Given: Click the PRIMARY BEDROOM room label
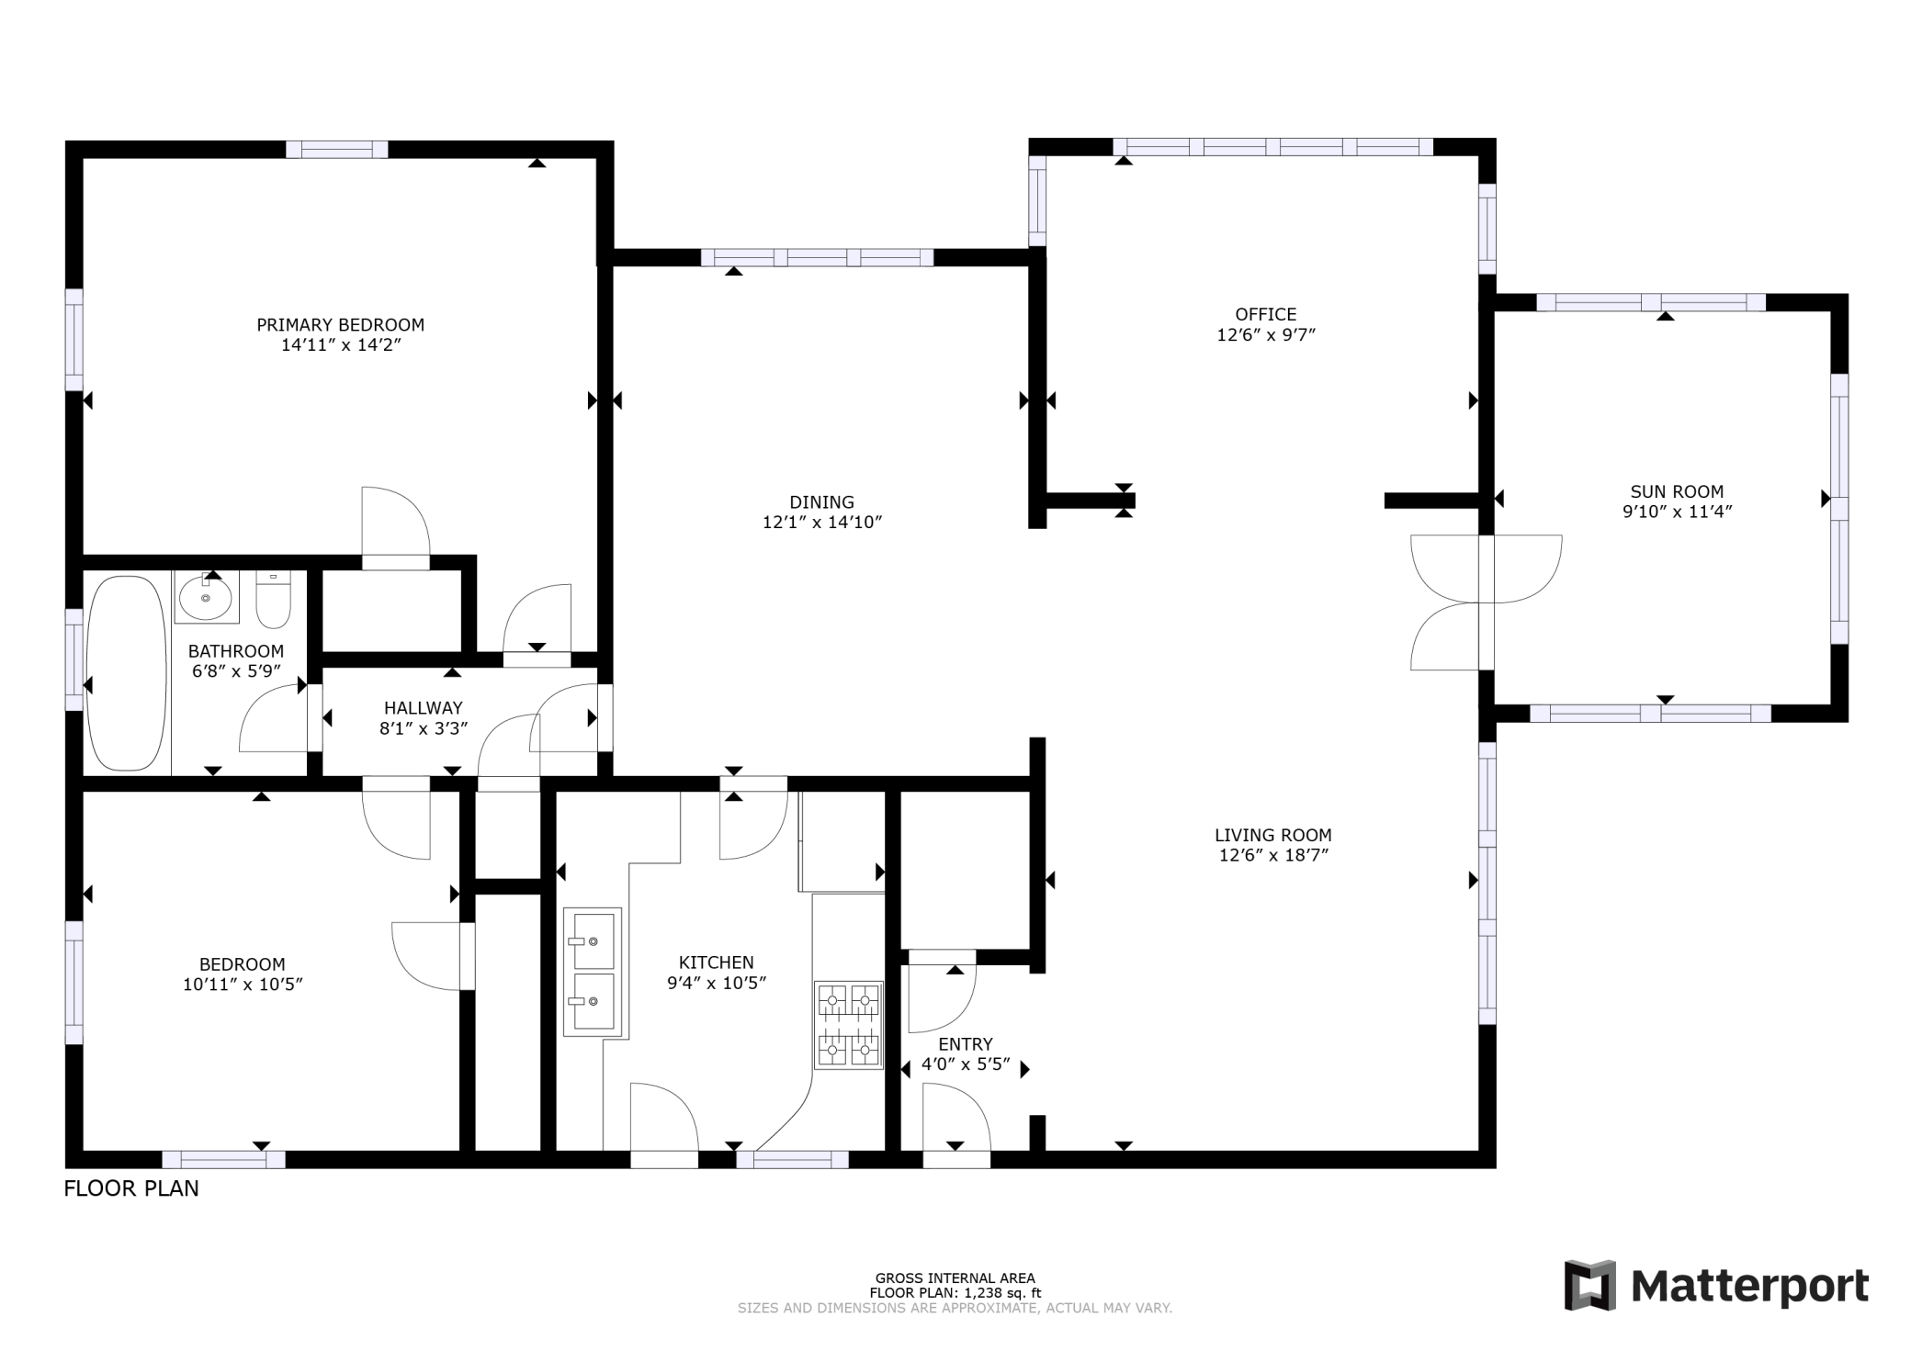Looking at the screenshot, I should tap(340, 325).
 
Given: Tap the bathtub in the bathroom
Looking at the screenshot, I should tap(127, 672).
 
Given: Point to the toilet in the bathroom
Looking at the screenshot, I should tap(273, 599).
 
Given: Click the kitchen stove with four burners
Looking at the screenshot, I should tap(848, 1025).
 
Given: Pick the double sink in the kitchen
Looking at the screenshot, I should tap(592, 972).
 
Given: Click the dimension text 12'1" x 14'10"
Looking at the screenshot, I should tap(821, 523).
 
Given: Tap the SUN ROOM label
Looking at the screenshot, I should tap(1677, 491).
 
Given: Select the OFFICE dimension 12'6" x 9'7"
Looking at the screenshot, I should tap(1265, 335).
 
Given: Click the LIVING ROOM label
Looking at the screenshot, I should tap(1272, 835).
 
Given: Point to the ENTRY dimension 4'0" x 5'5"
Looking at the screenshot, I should tap(965, 1064).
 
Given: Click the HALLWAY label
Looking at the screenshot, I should tap(423, 708).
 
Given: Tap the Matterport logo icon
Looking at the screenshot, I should tap(1589, 1285).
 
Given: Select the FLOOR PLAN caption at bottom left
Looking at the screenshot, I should tap(130, 1188).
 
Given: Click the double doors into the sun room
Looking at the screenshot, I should tap(1485, 602).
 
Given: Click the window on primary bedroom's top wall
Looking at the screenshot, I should tap(336, 150).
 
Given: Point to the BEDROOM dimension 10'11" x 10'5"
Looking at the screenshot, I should tap(243, 985).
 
